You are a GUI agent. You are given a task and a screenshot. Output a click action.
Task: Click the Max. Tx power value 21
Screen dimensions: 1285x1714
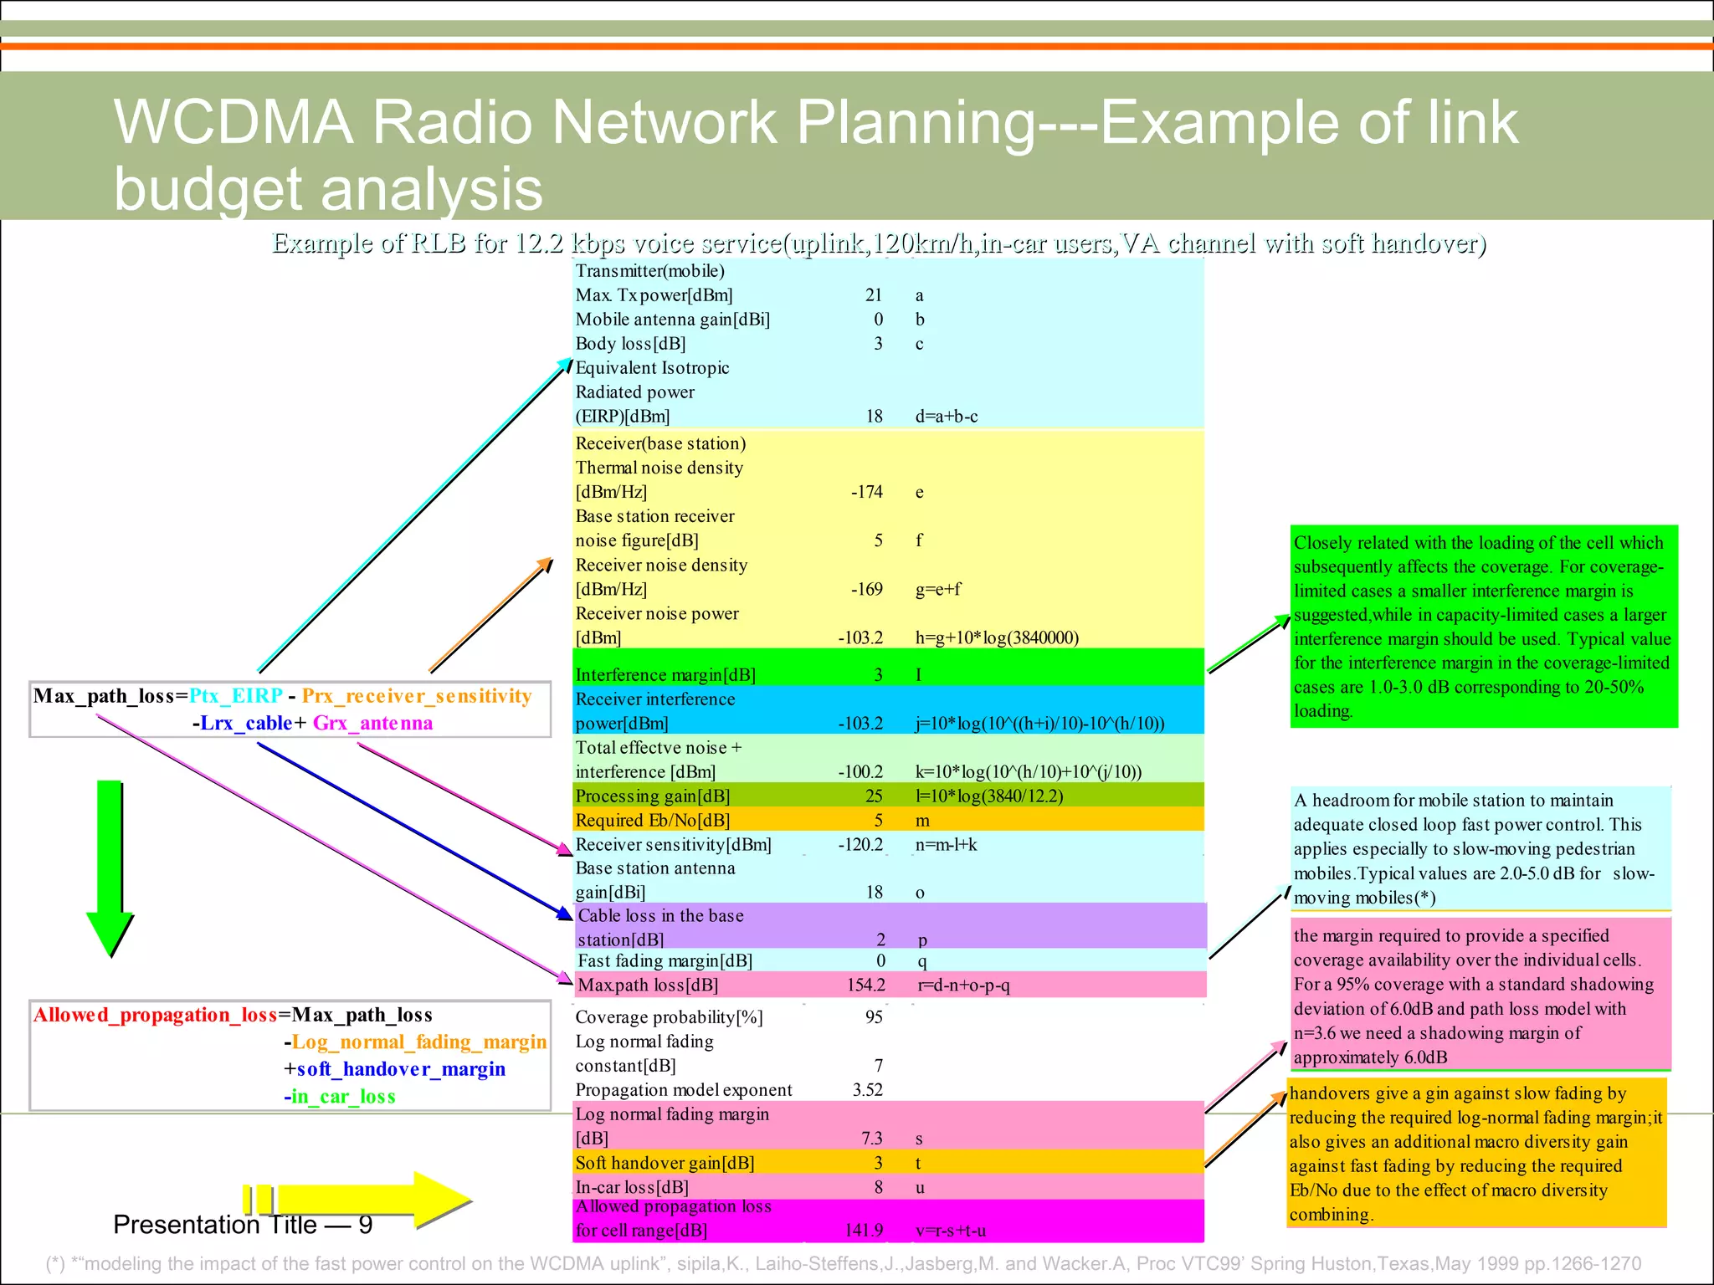874,295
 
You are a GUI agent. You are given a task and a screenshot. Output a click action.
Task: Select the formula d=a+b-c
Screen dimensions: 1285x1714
946,417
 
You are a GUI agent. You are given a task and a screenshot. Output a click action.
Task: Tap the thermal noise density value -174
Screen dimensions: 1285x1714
866,492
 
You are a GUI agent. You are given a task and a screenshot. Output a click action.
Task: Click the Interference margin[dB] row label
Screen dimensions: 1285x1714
665,675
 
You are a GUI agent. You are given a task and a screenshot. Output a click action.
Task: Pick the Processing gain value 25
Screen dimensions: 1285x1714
874,796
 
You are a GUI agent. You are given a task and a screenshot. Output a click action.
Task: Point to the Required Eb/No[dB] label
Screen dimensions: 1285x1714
653,821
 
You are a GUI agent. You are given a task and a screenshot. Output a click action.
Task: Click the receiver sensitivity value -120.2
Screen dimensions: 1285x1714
860,845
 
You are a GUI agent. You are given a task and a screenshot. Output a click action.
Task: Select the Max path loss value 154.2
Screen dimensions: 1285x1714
865,986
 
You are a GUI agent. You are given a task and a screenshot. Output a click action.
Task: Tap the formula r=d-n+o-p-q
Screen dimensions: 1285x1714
964,986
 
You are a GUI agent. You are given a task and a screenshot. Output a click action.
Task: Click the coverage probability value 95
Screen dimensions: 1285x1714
874,1017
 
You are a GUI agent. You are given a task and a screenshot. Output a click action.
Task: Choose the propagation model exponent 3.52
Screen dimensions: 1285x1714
867,1090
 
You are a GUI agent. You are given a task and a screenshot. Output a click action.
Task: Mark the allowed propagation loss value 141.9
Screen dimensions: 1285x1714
864,1231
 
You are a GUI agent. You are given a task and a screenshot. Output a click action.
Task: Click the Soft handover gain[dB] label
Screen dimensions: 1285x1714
665,1164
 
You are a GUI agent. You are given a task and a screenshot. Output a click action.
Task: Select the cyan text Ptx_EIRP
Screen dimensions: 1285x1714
235,696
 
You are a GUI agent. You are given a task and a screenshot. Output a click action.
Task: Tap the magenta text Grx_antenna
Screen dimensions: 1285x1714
372,724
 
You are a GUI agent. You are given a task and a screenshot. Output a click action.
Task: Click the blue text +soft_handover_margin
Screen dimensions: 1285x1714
394,1069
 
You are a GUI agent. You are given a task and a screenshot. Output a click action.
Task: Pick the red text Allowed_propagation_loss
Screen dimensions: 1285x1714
155,1016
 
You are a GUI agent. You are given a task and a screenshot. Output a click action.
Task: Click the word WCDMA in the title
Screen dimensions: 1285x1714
233,123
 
